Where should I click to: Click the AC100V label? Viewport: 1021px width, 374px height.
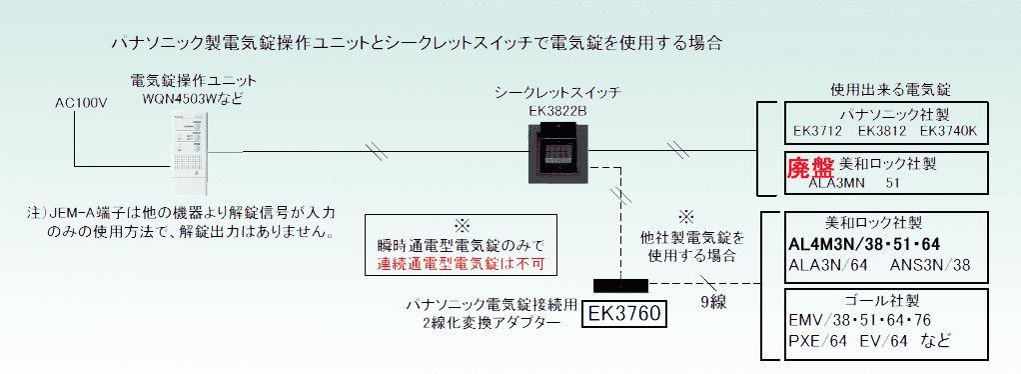click(80, 103)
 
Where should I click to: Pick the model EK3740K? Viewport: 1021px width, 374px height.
click(953, 131)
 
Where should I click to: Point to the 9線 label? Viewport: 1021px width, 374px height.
click(711, 299)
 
